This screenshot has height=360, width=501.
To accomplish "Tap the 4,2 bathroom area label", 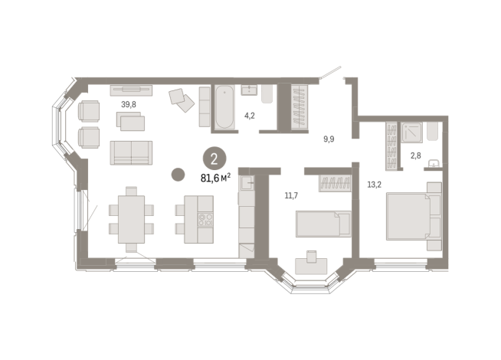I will pos(249,116).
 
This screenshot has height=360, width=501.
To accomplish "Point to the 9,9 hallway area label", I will pos(329,139).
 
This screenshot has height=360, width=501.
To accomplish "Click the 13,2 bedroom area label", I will pos(374,183).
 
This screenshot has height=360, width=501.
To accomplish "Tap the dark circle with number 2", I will pos(214,159).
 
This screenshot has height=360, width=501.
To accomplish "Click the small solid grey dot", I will pos(178,175).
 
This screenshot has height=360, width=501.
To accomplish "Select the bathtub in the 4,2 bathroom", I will pos(226,107).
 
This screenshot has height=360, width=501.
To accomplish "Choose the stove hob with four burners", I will pos(205,221).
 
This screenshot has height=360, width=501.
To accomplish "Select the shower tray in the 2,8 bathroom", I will pos(414,133).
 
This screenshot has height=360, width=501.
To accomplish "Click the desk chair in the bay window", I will pos(311,257).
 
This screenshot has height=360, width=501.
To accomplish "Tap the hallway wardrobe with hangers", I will pos(298,107).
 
